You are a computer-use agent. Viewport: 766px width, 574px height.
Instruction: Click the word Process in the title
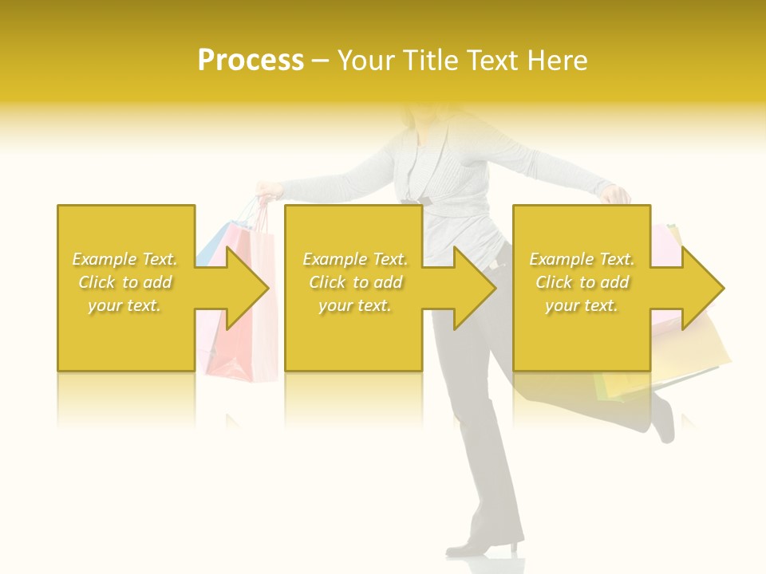point(251,61)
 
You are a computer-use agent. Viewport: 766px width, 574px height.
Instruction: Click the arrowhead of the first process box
point(244,288)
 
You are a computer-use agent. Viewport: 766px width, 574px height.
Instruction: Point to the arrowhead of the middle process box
point(472,288)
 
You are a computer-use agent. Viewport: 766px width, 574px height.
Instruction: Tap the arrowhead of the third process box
point(700,288)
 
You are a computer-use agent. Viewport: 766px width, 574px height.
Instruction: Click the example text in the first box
point(125,282)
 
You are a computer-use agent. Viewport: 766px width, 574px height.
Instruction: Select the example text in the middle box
point(355,282)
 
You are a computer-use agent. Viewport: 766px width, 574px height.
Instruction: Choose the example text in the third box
point(582,282)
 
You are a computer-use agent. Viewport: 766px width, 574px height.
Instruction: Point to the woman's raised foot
point(663,419)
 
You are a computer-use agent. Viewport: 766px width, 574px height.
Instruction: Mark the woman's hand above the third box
point(615,194)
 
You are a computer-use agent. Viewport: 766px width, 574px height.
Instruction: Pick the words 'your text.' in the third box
point(582,305)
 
